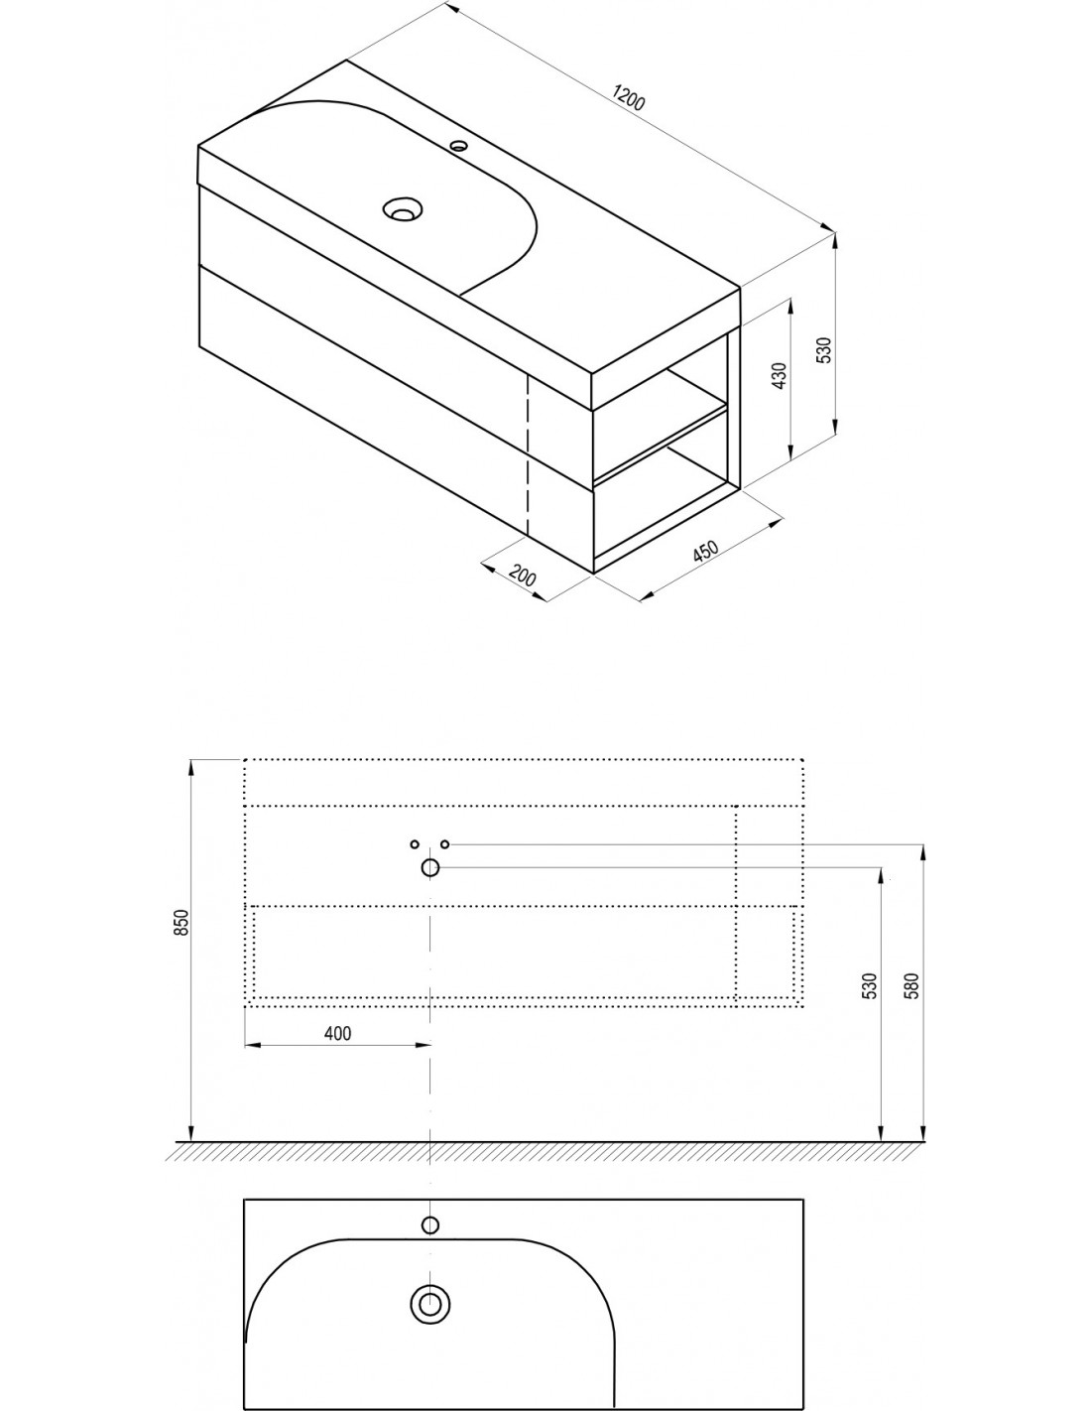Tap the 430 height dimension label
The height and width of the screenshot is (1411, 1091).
780,376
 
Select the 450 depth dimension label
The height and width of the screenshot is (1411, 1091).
705,551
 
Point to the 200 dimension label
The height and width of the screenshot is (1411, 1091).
523,575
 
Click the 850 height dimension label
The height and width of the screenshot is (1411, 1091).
182,922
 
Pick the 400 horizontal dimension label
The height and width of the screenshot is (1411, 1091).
337,1033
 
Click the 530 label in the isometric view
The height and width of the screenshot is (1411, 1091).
823,350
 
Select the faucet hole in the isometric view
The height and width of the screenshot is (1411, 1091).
460,146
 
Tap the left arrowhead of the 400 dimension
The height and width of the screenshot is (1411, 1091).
252,1045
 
